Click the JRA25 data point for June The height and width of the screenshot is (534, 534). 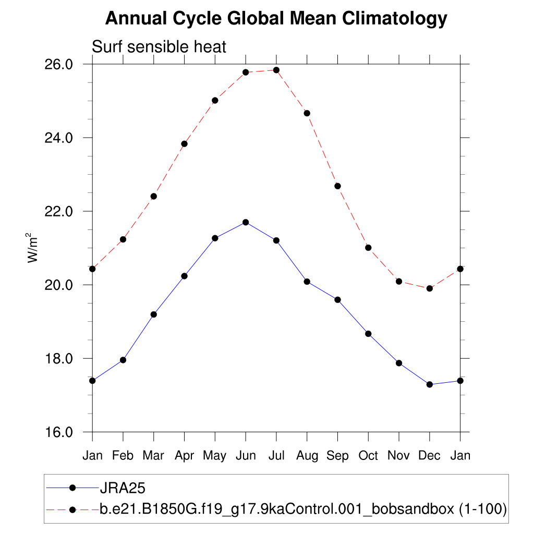246,222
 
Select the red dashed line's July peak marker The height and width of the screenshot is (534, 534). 276,70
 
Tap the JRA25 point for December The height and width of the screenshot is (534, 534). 430,384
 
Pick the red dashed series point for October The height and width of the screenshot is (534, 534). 368,248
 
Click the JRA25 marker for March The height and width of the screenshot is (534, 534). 154,314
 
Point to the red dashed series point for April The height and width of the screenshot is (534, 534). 184,144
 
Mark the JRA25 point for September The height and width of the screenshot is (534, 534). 337,300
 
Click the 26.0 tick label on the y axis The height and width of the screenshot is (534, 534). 62,64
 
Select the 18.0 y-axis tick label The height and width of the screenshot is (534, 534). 62,359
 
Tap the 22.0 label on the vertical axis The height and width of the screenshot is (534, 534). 62,211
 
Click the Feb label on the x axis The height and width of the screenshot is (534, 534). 123,455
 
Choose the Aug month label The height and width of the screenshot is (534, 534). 307,455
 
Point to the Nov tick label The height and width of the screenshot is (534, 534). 399,455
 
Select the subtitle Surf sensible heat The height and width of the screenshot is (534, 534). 159,47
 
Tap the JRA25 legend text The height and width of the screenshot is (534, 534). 122,488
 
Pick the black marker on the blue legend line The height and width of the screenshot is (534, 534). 73,488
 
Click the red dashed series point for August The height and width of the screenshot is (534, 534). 307,113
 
